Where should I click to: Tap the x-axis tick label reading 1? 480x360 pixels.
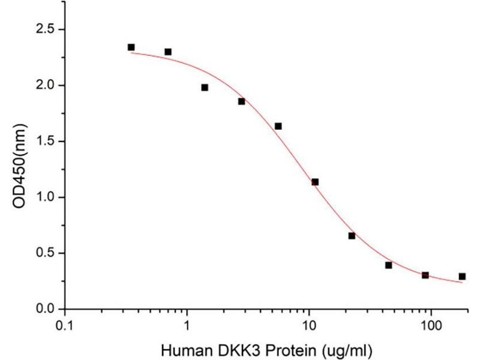[x=187, y=326]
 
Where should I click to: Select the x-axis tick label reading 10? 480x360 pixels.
[x=309, y=326]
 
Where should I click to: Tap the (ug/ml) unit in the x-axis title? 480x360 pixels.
[x=356, y=348]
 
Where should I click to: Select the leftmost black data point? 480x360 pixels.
[x=131, y=47]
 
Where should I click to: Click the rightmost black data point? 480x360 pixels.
[x=462, y=277]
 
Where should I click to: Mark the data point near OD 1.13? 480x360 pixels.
[x=315, y=182]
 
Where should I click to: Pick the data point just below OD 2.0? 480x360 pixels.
[x=205, y=88]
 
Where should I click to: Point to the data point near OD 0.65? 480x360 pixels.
[x=352, y=236]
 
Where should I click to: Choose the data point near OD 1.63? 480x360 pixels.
[x=278, y=126]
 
